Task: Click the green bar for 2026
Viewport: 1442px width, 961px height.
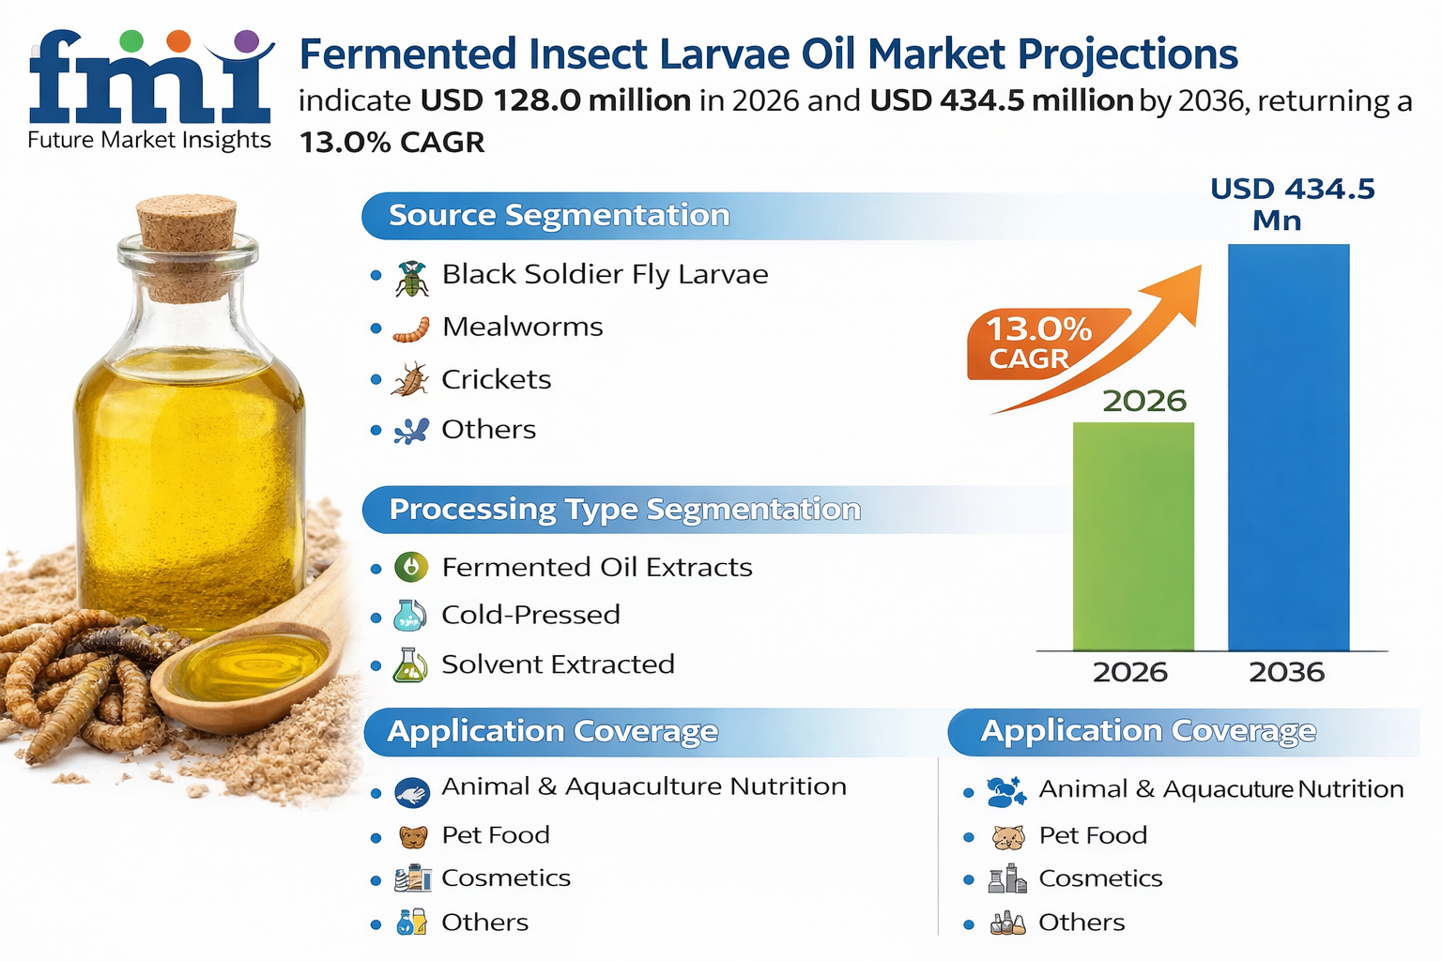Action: click(x=1133, y=536)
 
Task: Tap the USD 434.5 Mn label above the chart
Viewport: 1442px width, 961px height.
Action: click(x=1292, y=204)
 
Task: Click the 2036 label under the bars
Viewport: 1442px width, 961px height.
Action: click(x=1286, y=672)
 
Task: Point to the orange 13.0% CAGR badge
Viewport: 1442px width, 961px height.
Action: click(x=1038, y=343)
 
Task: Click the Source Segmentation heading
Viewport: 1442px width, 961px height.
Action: click(x=559, y=215)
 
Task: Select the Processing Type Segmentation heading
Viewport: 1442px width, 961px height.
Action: click(x=624, y=510)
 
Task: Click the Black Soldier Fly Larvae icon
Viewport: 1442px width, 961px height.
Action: click(x=411, y=278)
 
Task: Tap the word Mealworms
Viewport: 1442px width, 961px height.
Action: click(x=522, y=327)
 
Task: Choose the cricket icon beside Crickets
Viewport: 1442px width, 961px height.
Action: click(x=410, y=379)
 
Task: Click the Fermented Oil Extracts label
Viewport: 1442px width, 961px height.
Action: click(x=596, y=567)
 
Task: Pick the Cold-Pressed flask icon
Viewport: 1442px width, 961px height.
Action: click(x=410, y=616)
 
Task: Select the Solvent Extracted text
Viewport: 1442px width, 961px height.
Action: click(x=558, y=664)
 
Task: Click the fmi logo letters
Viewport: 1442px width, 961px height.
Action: click(x=150, y=84)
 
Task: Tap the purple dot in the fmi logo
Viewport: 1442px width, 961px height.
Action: click(x=246, y=40)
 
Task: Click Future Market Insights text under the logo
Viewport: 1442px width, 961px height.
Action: click(x=149, y=141)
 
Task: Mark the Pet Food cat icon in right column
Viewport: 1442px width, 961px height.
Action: click(x=1007, y=836)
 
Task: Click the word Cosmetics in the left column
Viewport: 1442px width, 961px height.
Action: click(x=505, y=878)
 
